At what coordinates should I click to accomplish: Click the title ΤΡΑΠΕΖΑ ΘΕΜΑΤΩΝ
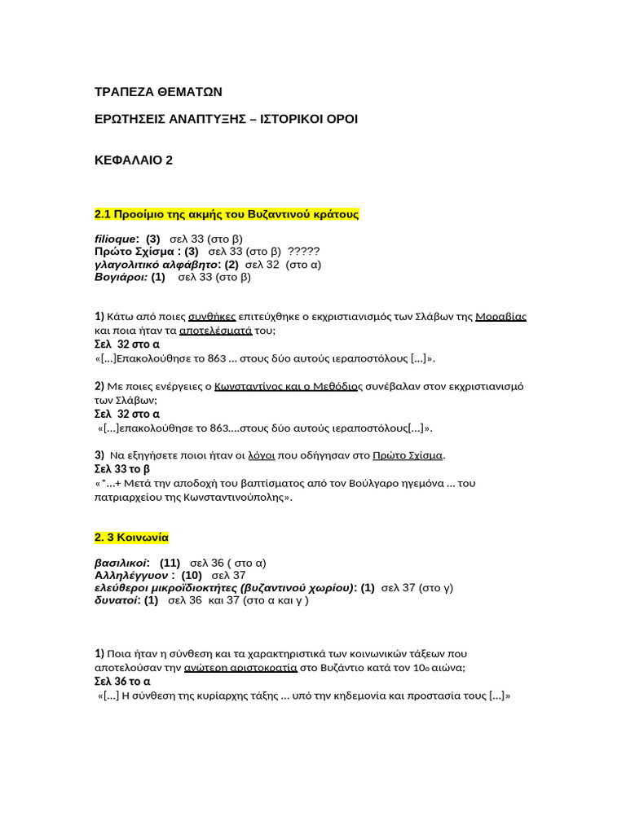(158, 91)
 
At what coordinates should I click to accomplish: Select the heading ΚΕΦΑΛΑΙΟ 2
(134, 160)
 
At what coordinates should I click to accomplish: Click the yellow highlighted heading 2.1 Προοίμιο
(227, 214)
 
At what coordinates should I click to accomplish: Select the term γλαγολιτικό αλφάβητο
(156, 264)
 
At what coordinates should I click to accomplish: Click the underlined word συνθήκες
(212, 316)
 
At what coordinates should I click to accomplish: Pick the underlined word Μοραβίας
(500, 316)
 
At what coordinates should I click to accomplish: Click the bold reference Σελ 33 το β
(122, 469)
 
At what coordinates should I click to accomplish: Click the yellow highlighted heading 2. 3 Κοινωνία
(131, 538)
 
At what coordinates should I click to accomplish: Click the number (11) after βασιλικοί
(170, 563)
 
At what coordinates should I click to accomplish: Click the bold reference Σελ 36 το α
(122, 681)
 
